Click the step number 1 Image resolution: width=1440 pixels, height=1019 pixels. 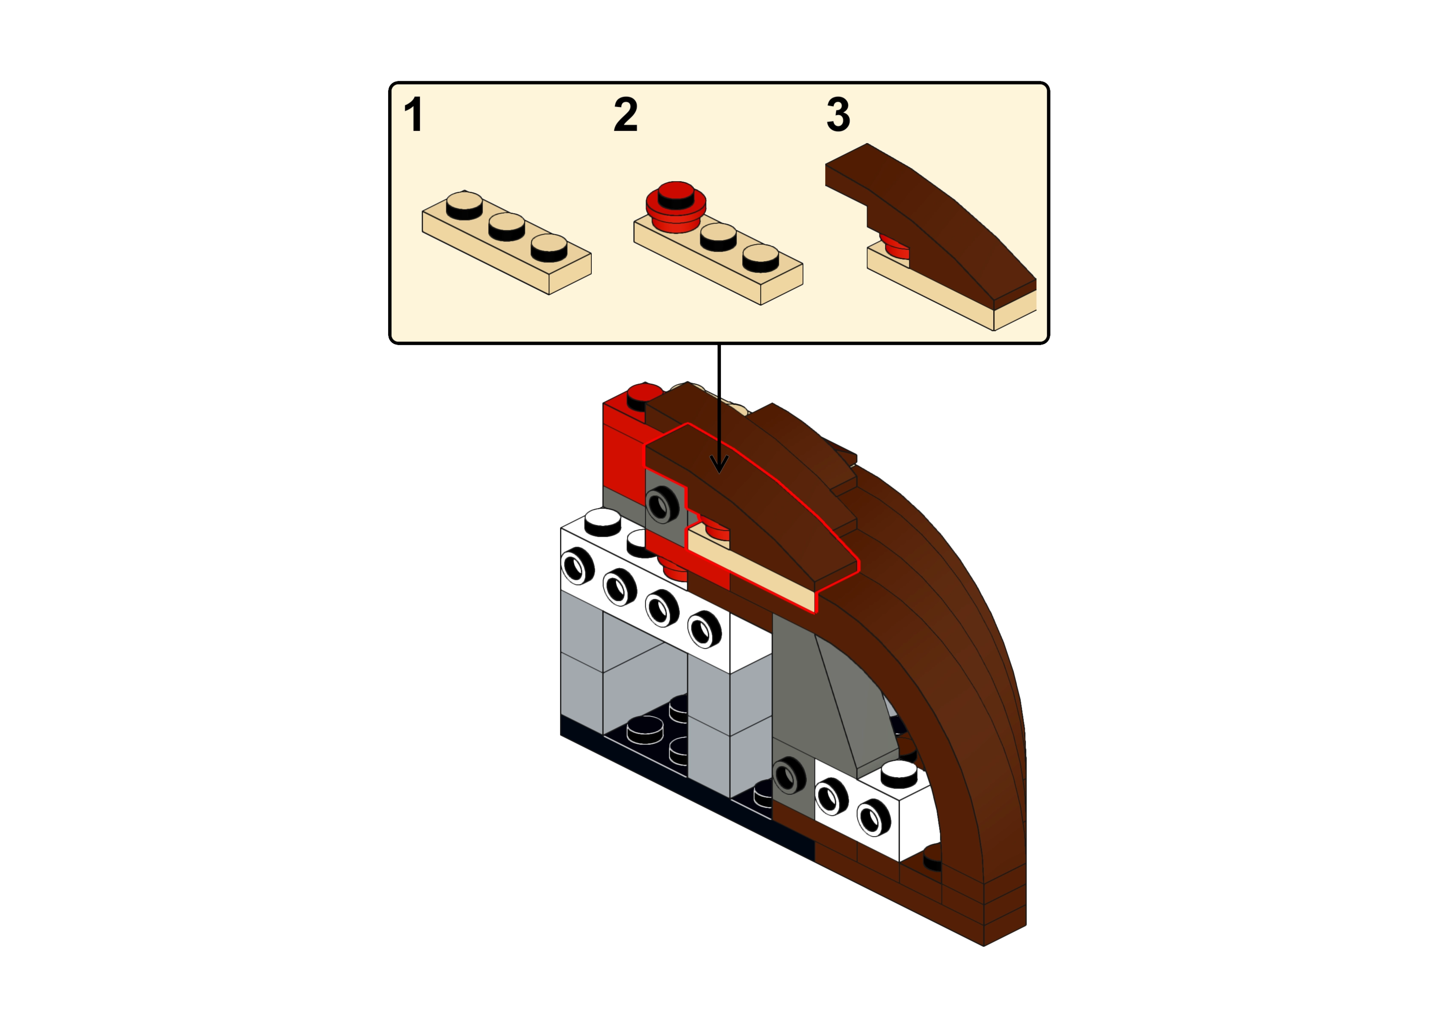click(x=413, y=115)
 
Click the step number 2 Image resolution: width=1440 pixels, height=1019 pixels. click(x=625, y=115)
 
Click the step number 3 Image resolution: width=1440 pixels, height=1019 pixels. click(x=838, y=115)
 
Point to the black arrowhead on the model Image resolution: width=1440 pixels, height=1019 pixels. click(x=719, y=464)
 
